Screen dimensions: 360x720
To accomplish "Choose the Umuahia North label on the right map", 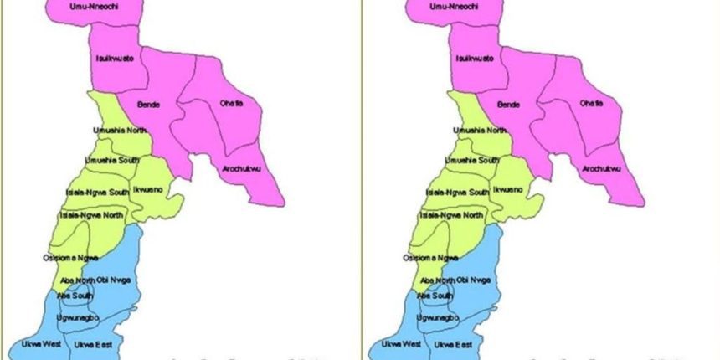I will pos(480,131).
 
